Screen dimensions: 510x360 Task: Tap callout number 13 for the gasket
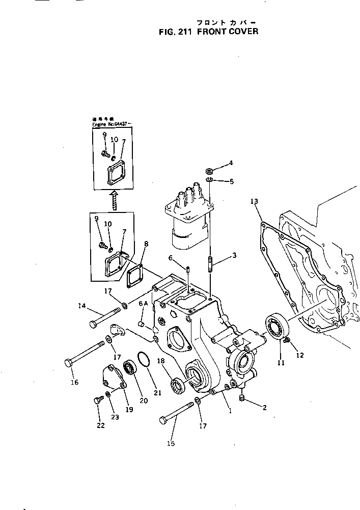tap(254, 202)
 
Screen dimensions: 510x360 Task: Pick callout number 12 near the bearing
tap(300, 355)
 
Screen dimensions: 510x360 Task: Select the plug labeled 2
tap(242, 397)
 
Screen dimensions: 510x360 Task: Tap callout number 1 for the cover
tap(230, 411)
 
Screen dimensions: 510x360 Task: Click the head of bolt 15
tap(164, 420)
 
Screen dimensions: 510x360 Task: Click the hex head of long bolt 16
tap(70, 363)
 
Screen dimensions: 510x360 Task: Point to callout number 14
tap(82, 307)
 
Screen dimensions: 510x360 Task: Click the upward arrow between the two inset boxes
tap(114, 200)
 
